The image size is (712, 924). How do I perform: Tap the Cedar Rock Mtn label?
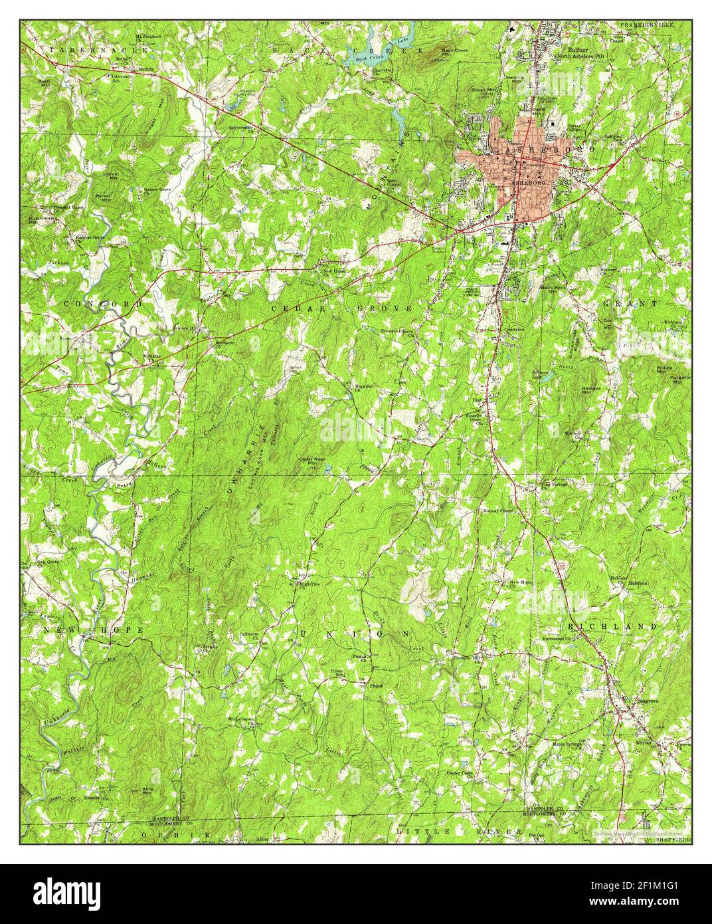point(311,461)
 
